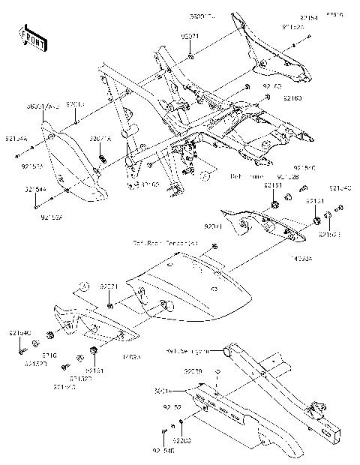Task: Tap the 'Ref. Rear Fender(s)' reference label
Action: [x=166, y=244]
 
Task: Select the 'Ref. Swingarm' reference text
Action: [x=184, y=350]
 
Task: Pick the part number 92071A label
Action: [x=100, y=139]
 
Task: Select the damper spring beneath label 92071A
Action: [x=103, y=158]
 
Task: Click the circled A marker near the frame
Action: [x=204, y=175]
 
